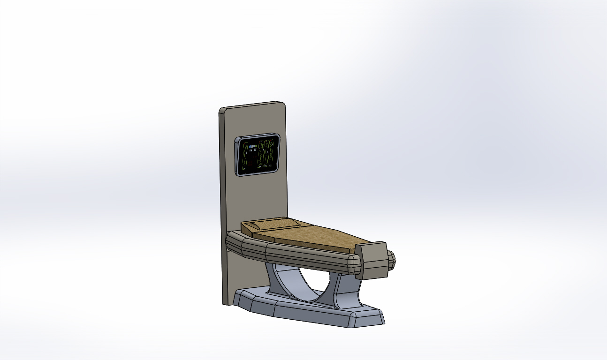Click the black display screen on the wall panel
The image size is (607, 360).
click(258, 155)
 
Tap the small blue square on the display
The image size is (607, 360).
click(251, 147)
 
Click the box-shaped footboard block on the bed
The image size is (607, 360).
click(372, 260)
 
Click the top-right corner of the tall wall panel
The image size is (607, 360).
click(284, 103)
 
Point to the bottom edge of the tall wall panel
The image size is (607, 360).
click(227, 303)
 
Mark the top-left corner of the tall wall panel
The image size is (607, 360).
click(221, 110)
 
